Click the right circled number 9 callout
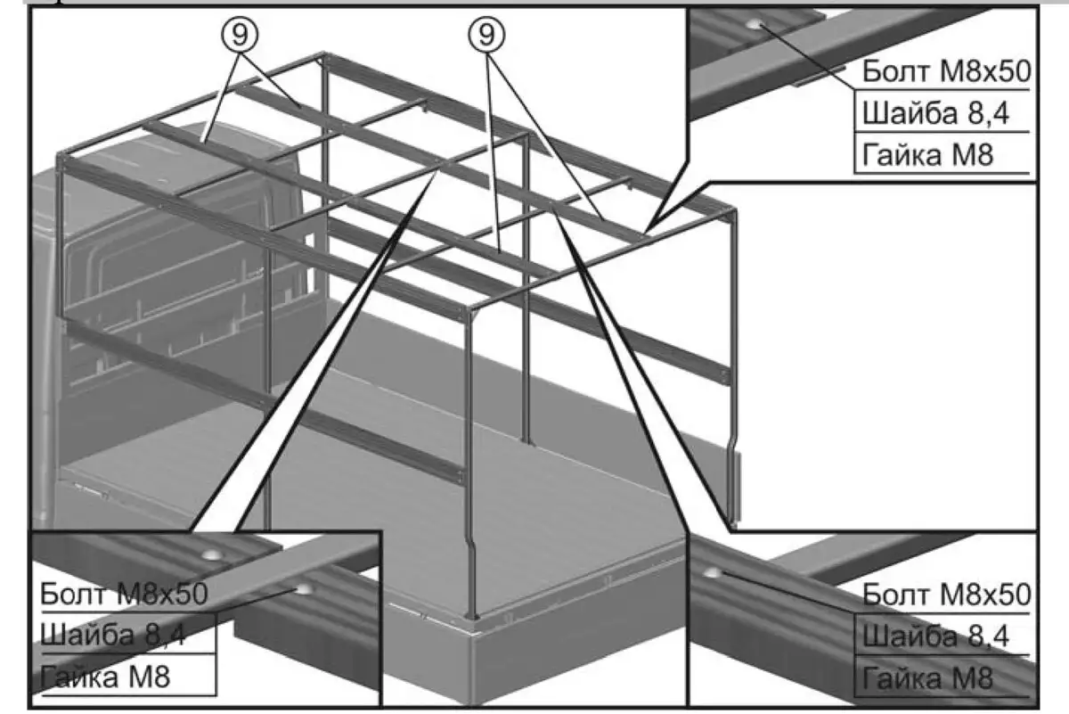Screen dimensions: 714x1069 tap(486, 37)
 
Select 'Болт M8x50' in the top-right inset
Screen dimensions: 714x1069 tap(944, 71)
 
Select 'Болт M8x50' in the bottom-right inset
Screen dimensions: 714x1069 tap(946, 595)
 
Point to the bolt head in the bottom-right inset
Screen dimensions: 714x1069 tap(713, 570)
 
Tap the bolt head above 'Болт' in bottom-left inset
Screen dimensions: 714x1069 tap(212, 554)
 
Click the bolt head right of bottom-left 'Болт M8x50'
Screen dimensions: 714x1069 tap(304, 588)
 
